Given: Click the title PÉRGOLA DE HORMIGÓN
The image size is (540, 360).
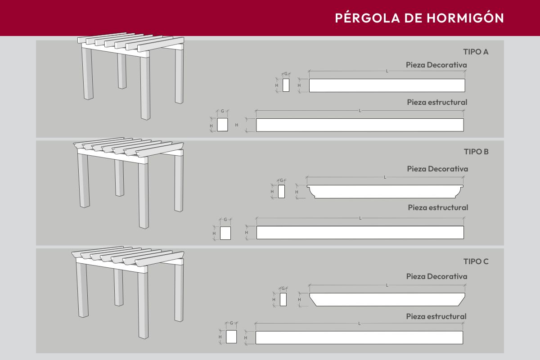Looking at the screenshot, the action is (419, 18).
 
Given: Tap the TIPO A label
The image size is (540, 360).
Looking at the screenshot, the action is (476, 52).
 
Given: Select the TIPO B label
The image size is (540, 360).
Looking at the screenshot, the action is (476, 152).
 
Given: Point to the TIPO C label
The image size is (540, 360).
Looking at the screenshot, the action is (476, 261).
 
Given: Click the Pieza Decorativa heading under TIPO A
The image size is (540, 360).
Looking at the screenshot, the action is (436, 65).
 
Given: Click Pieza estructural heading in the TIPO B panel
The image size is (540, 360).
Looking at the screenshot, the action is (438, 207).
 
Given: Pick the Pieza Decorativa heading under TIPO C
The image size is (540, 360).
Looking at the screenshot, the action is (436, 276).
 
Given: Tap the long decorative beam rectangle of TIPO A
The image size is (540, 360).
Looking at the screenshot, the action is (387, 85).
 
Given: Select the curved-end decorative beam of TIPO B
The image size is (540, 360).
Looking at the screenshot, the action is (385, 192).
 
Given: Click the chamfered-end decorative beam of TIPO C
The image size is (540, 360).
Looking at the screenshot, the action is (387, 300).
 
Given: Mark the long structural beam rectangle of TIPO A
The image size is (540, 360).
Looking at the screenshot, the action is (360, 125).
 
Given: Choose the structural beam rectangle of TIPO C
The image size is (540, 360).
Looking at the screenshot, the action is (359, 337).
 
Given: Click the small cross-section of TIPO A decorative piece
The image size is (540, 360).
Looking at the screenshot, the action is (286, 85).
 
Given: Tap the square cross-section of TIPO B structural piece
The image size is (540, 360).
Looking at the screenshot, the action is (225, 233).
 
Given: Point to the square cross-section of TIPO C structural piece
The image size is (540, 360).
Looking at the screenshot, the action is (231, 337).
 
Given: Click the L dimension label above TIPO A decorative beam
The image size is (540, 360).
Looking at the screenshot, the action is (387, 71).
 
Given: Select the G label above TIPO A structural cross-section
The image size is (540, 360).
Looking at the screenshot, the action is (222, 111).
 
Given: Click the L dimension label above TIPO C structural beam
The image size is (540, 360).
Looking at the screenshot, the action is (359, 324).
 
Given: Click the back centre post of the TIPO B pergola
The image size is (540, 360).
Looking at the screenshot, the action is (119, 178).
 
